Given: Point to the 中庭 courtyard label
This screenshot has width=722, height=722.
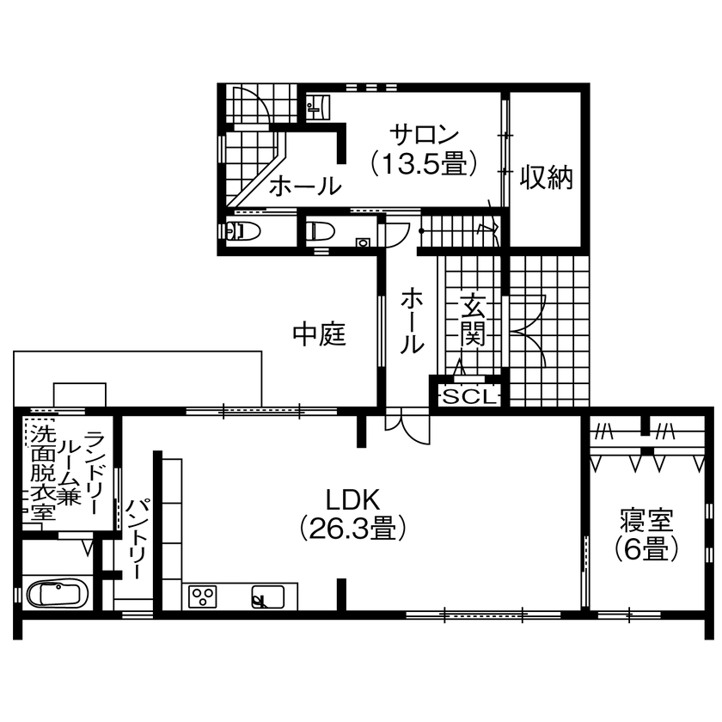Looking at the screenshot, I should pos(320,334).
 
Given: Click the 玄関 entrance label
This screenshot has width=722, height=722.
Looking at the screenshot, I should pos(473,319).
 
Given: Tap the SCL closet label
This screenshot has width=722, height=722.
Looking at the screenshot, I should pos(468,396).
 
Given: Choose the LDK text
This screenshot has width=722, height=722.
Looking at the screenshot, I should pos(351,499).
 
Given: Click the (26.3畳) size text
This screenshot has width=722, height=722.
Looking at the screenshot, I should pos(351,527).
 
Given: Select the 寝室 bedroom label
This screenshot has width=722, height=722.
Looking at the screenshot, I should pos(646,520).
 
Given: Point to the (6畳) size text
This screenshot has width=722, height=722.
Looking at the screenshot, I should pos(646,548).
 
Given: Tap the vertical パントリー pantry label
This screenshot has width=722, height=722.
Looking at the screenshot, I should pos(137,538).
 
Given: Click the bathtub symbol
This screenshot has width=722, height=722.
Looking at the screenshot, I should pos(55,595).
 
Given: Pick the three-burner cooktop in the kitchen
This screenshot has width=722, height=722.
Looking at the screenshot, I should pos(204,596).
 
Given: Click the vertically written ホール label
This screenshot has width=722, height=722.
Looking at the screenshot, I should pos(412,321).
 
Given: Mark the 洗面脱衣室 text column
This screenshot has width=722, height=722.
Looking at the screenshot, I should pos(41,474).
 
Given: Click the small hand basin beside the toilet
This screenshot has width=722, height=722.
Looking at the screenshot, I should pos(362,242).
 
